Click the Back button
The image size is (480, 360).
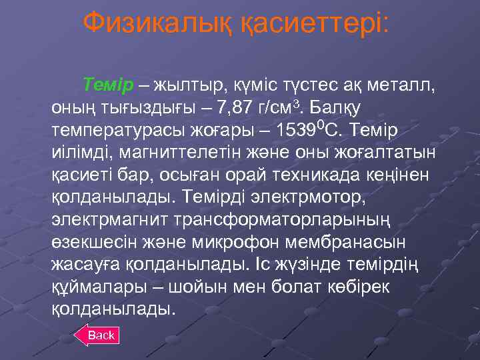pos(101,335)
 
